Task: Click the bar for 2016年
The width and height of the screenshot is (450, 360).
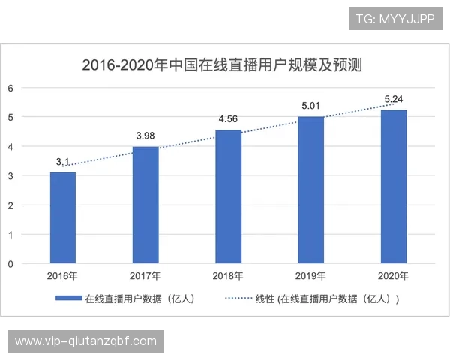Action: pyautogui.click(x=63, y=218)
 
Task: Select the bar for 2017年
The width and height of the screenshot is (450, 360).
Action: pyautogui.click(x=145, y=205)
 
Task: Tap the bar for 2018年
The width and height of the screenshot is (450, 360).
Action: pyautogui.click(x=229, y=197)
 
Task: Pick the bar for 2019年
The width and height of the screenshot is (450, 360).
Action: pyautogui.click(x=311, y=190)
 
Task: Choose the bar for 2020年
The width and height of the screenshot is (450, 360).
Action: pyautogui.click(x=394, y=187)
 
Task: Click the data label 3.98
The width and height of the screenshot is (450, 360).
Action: pyautogui.click(x=146, y=135)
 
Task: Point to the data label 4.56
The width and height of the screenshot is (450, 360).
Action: pyautogui.click(x=229, y=118)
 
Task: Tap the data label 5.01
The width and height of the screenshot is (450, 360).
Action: pyautogui.click(x=311, y=105)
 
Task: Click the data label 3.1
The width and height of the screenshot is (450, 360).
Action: pyautogui.click(x=63, y=161)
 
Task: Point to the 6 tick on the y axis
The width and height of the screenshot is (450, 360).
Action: pyautogui.click(x=10, y=88)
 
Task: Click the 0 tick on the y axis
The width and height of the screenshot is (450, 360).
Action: pyautogui.click(x=10, y=264)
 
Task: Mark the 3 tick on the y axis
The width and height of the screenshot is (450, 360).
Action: pyautogui.click(x=10, y=176)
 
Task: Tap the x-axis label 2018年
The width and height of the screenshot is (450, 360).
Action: pyautogui.click(x=229, y=276)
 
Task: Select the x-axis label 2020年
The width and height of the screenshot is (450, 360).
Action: pyautogui.click(x=394, y=276)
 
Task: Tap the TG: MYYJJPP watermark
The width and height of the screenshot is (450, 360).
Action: pyautogui.click(x=395, y=18)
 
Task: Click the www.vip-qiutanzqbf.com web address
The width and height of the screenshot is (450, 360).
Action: pyautogui.click(x=86, y=341)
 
